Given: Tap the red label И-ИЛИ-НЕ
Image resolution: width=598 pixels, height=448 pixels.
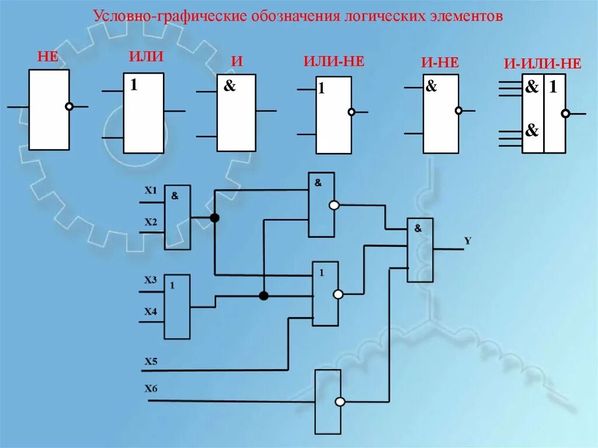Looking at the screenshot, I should pyautogui.click(x=543, y=64).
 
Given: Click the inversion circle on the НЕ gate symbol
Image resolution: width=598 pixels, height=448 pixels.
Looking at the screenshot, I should pyautogui.click(x=69, y=107).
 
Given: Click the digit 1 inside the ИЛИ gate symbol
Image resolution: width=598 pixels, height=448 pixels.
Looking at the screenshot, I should pyautogui.click(x=134, y=85).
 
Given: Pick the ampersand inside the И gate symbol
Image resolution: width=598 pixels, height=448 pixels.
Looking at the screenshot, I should pyautogui.click(x=230, y=86).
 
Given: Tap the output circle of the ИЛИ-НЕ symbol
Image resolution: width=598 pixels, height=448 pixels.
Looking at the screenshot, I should pyautogui.click(x=351, y=112).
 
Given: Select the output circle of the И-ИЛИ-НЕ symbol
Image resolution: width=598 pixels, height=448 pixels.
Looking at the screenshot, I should pyautogui.click(x=565, y=114).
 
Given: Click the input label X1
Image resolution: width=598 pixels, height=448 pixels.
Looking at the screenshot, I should pyautogui.click(x=151, y=190).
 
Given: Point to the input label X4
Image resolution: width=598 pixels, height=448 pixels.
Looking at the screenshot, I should pyautogui.click(x=151, y=311).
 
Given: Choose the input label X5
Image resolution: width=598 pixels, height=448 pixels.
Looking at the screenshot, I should pyautogui.click(x=151, y=361).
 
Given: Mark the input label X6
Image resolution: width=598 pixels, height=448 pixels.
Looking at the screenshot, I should pyautogui.click(x=151, y=388).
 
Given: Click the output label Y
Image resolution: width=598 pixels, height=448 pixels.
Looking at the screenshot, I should pyautogui.click(x=467, y=240).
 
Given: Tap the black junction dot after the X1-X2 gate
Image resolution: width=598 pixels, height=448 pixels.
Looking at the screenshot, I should pyautogui.click(x=214, y=218).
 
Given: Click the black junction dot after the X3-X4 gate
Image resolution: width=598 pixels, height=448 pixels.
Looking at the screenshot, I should pyautogui.click(x=263, y=296).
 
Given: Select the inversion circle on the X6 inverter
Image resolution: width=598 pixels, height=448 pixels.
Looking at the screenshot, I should pyautogui.click(x=339, y=402).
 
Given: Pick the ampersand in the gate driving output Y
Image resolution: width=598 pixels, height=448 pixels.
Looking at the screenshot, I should pyautogui.click(x=418, y=229).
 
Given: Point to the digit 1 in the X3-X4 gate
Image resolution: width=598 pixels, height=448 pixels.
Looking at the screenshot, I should pyautogui.click(x=172, y=286).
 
